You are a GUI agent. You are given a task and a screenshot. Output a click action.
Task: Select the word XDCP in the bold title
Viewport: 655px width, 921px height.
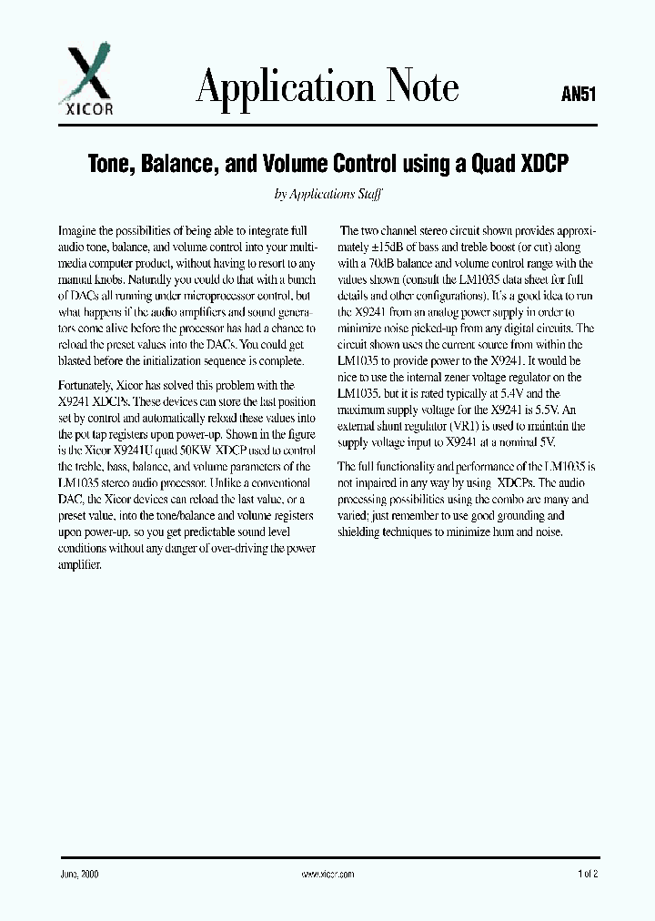pos(543,164)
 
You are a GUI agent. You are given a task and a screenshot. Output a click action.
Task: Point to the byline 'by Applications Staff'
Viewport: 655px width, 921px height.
pos(327,193)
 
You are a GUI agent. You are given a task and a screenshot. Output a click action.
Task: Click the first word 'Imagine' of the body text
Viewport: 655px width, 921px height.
pos(78,231)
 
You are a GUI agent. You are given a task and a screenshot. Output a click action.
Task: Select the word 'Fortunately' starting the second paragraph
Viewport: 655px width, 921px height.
pos(89,385)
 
